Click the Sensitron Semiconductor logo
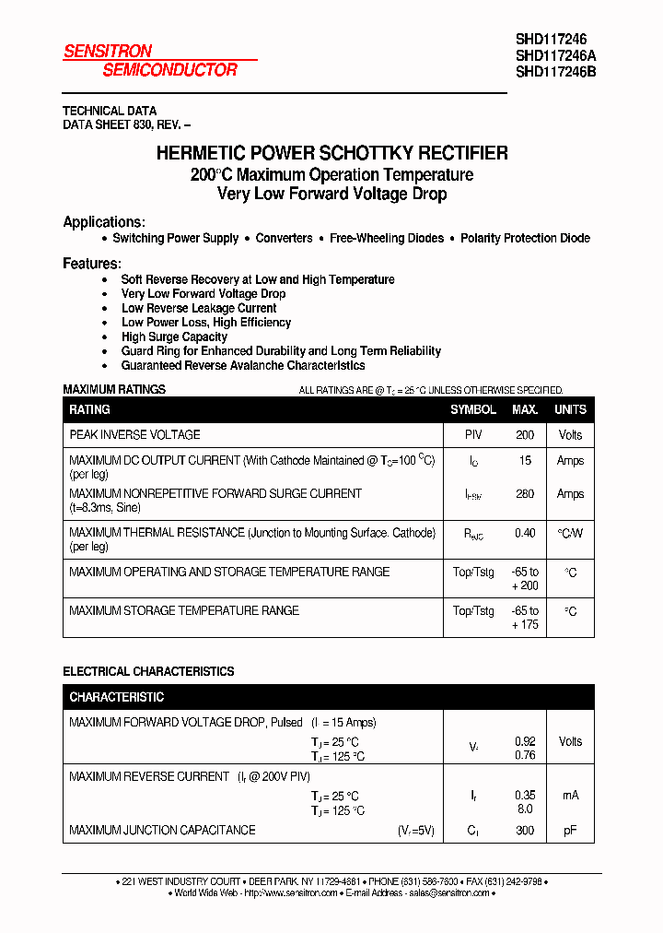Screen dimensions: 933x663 click(150, 60)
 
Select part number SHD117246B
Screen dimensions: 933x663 click(555, 71)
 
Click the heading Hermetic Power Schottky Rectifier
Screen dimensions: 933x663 click(331, 153)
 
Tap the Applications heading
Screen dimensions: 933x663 click(103, 222)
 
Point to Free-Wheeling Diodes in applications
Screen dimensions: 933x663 click(387, 238)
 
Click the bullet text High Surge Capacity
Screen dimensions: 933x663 click(174, 337)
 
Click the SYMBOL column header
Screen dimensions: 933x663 click(473, 409)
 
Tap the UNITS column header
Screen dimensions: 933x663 click(570, 409)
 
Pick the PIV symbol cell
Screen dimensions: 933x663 click(473, 435)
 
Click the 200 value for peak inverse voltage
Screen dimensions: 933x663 click(525, 435)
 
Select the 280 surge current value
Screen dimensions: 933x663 click(525, 494)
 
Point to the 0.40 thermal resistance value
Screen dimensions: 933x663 click(525, 533)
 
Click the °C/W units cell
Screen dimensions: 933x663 click(570, 533)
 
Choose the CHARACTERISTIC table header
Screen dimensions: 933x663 click(116, 697)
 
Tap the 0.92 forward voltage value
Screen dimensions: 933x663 click(525, 740)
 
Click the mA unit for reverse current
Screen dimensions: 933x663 click(570, 795)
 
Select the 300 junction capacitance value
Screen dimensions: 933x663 click(525, 831)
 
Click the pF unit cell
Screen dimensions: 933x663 click(570, 831)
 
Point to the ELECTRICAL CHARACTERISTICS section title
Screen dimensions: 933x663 click(148, 671)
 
